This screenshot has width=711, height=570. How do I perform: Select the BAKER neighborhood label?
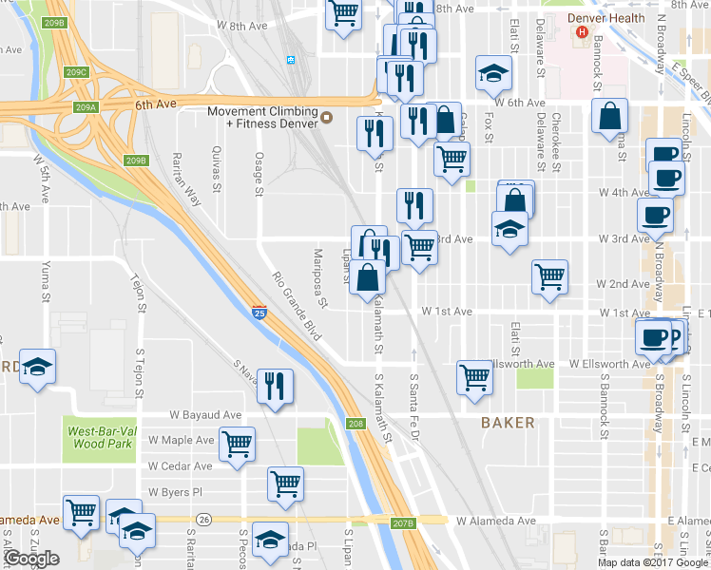[507, 423]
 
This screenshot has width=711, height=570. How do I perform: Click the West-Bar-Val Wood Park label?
[100, 438]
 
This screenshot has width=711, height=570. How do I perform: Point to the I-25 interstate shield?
[259, 312]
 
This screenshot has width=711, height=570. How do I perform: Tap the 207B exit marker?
[404, 522]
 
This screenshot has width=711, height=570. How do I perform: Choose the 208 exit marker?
[355, 424]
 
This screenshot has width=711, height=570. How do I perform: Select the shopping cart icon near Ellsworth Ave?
[474, 376]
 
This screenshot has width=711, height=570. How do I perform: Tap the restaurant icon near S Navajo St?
[276, 385]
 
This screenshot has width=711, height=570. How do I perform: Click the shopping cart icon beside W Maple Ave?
[237, 443]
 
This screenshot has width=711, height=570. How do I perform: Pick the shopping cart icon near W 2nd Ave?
[549, 276]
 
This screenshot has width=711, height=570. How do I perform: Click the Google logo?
[31, 559]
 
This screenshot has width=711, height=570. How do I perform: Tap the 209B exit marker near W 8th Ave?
[54, 22]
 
